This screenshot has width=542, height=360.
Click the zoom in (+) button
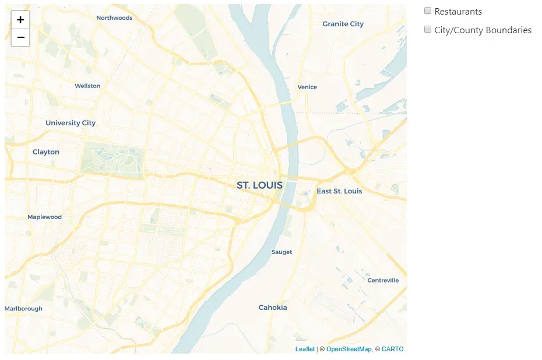[20, 20]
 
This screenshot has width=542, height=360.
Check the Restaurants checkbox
[428, 11]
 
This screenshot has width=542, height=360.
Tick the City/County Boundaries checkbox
[428, 30]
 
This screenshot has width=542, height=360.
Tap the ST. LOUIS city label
[259, 185]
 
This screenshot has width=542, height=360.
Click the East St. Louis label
[339, 191]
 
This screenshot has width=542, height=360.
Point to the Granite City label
[343, 24]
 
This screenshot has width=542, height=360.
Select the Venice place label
[307, 87]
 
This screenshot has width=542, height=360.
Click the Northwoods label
[114, 17]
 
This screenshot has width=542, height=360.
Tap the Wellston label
[87, 86]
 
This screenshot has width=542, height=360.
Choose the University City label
[71, 123]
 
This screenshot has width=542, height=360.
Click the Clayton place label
[46, 152]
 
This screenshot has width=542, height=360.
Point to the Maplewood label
[44, 217]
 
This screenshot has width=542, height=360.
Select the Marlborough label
[24, 309]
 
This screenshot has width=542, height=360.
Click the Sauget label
[281, 252]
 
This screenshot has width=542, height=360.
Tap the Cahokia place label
[273, 308]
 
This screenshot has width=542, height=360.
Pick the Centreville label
[383, 280]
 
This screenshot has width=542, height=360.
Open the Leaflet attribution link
[305, 349]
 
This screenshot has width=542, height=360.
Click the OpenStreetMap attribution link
[349, 349]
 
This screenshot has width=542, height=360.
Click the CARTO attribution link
[392, 349]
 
